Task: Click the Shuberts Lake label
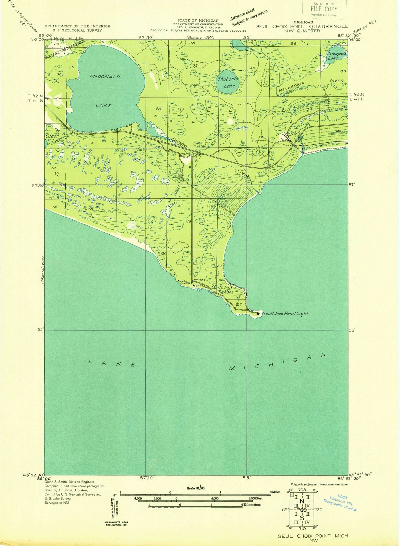[x=228, y=82]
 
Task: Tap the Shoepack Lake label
[x=337, y=56]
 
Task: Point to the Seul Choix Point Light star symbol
[x=258, y=314]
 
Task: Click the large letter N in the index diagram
[x=302, y=502]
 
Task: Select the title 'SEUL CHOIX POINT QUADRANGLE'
[x=302, y=26]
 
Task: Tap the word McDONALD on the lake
[x=105, y=77]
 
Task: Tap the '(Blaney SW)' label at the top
[x=198, y=37]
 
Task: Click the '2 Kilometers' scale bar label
[x=251, y=504]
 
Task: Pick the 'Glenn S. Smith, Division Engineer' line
[x=69, y=482]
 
